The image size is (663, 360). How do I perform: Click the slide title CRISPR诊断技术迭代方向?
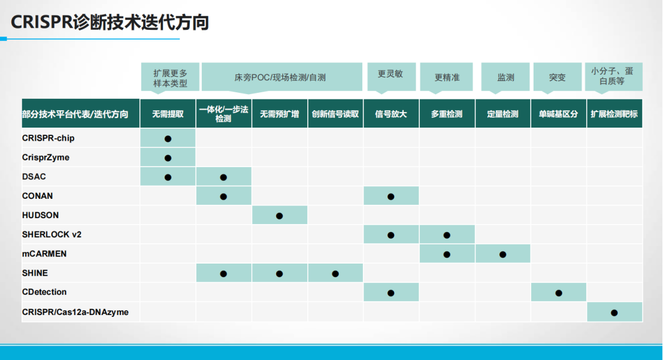110,22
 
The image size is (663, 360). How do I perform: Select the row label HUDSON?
40,215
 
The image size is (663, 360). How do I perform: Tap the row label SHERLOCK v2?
52,234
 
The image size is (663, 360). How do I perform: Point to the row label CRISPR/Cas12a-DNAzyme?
75,312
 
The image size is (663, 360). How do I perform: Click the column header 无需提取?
168,114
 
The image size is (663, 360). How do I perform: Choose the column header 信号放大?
390,114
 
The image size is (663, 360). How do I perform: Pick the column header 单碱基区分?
558,114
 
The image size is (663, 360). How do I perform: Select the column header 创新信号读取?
335,114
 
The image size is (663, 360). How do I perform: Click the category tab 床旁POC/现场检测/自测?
281,77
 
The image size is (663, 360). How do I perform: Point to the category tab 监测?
505,77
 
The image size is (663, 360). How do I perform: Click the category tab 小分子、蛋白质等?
613,77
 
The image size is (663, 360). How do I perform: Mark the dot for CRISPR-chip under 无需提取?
168,139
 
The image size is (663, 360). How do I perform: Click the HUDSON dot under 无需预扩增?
280,216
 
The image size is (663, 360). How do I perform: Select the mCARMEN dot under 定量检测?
502,254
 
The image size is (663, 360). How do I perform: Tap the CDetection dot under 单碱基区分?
559,293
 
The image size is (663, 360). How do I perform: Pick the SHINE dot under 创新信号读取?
335,274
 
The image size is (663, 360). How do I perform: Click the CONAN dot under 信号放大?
390,196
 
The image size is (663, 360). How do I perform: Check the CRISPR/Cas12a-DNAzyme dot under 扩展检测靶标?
614,313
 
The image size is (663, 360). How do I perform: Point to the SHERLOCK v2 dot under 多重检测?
447,235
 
